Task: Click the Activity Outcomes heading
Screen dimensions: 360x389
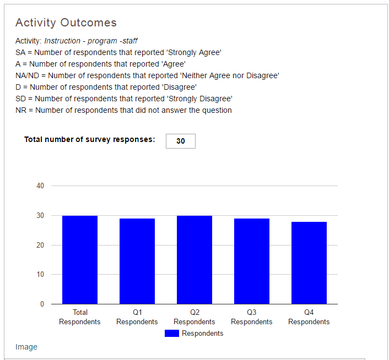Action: pos(66,23)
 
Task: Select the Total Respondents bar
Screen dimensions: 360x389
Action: pos(80,260)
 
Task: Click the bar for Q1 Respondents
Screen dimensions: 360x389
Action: pos(137,261)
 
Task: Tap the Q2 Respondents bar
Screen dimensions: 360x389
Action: pos(194,260)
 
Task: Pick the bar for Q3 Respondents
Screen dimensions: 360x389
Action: pos(252,261)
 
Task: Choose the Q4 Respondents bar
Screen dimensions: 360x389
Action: pos(309,263)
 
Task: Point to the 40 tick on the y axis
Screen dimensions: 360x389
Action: pos(40,186)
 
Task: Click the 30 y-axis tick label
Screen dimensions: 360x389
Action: pos(40,216)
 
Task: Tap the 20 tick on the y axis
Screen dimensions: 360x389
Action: pos(40,245)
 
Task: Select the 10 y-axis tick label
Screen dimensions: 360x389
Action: pos(40,275)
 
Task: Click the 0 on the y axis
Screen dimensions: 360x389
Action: pos(42,304)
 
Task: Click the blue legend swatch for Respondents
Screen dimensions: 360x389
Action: pos(172,333)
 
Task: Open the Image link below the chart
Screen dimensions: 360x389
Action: pos(26,347)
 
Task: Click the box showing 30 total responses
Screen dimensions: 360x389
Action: pos(181,141)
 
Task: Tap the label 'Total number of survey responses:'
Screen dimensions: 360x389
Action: pos(90,140)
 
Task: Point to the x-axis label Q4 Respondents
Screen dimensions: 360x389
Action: pos(309,317)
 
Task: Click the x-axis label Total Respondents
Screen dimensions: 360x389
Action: pos(80,317)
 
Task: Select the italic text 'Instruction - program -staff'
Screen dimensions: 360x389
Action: pos(91,41)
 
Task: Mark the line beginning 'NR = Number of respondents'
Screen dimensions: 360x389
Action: pos(124,110)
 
